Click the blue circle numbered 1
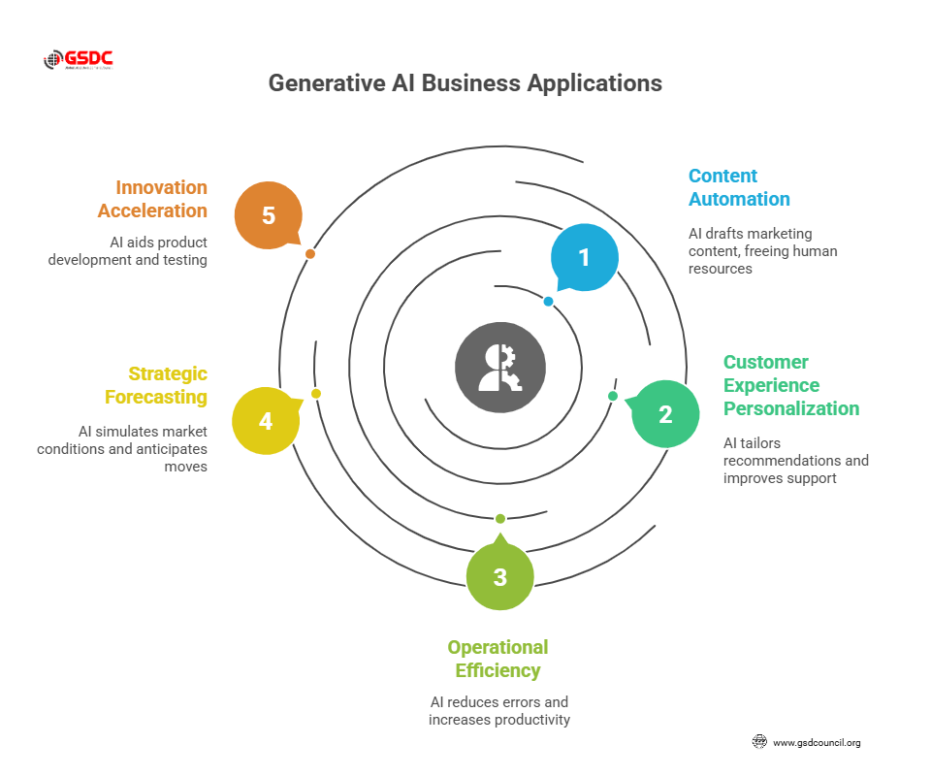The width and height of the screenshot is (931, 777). [584, 257]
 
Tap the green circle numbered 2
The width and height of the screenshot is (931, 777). [665, 414]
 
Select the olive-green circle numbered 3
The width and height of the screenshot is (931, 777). [499, 577]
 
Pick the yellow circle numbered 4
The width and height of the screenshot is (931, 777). [266, 421]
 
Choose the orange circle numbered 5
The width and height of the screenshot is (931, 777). [269, 215]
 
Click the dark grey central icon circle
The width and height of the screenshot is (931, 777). [500, 368]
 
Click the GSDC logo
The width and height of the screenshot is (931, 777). [79, 60]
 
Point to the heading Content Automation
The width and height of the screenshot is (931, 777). [739, 187]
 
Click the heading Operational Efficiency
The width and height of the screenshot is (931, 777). [498, 659]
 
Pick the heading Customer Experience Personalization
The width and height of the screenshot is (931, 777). [790, 385]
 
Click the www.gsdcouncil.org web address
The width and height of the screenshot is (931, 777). [816, 743]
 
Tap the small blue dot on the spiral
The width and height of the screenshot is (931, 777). [548, 302]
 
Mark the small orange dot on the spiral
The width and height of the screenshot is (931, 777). [309, 254]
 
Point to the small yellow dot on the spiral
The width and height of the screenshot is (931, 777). [315, 394]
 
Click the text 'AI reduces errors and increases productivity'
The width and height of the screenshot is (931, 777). [499, 710]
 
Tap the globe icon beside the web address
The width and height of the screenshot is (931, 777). [759, 742]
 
